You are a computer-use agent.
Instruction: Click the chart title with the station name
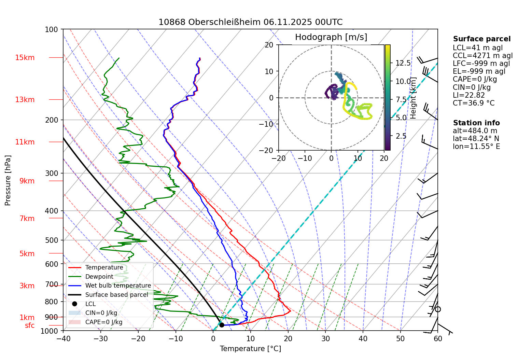[250, 22]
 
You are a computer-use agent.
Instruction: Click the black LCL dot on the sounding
[222, 325]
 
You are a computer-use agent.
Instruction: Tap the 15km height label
[25, 58]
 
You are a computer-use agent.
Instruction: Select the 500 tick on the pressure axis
[52, 240]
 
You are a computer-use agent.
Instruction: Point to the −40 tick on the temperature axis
[63, 338]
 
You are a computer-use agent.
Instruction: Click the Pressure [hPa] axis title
[8, 180]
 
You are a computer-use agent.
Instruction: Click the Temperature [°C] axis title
[250, 349]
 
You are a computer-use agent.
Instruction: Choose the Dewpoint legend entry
[99, 277]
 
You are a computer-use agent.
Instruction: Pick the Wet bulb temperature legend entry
[118, 286]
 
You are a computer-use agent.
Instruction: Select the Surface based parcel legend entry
[116, 295]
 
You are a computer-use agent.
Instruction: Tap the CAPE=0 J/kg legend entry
[104, 322]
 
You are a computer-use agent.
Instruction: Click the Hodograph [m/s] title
[331, 37]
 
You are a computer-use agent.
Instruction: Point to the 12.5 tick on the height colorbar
[403, 63]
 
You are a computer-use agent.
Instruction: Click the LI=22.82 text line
[468, 95]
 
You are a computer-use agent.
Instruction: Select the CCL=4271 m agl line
[482, 56]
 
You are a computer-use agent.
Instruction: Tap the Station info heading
[476, 123]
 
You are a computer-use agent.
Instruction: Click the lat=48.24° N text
[476, 139]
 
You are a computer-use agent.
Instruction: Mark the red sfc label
[30, 326]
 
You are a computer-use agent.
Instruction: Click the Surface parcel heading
[481, 39]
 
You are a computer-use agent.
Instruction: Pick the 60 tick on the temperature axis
[438, 338]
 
